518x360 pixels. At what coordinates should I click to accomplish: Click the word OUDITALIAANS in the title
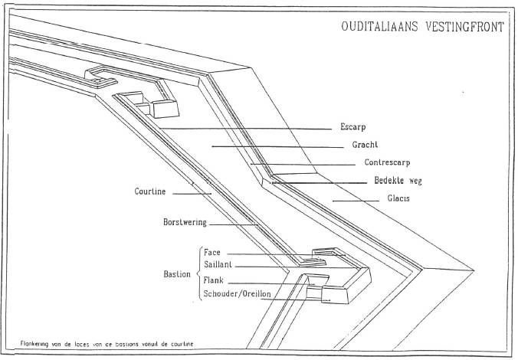pos(380,28)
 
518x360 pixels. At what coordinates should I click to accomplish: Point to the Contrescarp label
pos(370,163)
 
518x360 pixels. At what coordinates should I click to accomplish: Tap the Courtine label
pos(150,191)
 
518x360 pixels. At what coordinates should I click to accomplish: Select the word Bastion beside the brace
pos(178,273)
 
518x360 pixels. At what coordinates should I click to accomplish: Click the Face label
pos(212,251)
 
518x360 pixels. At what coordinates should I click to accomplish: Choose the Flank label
pos(214,280)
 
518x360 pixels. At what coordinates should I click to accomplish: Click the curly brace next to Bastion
pos(199,273)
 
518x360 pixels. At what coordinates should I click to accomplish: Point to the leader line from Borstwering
pos(234,224)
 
